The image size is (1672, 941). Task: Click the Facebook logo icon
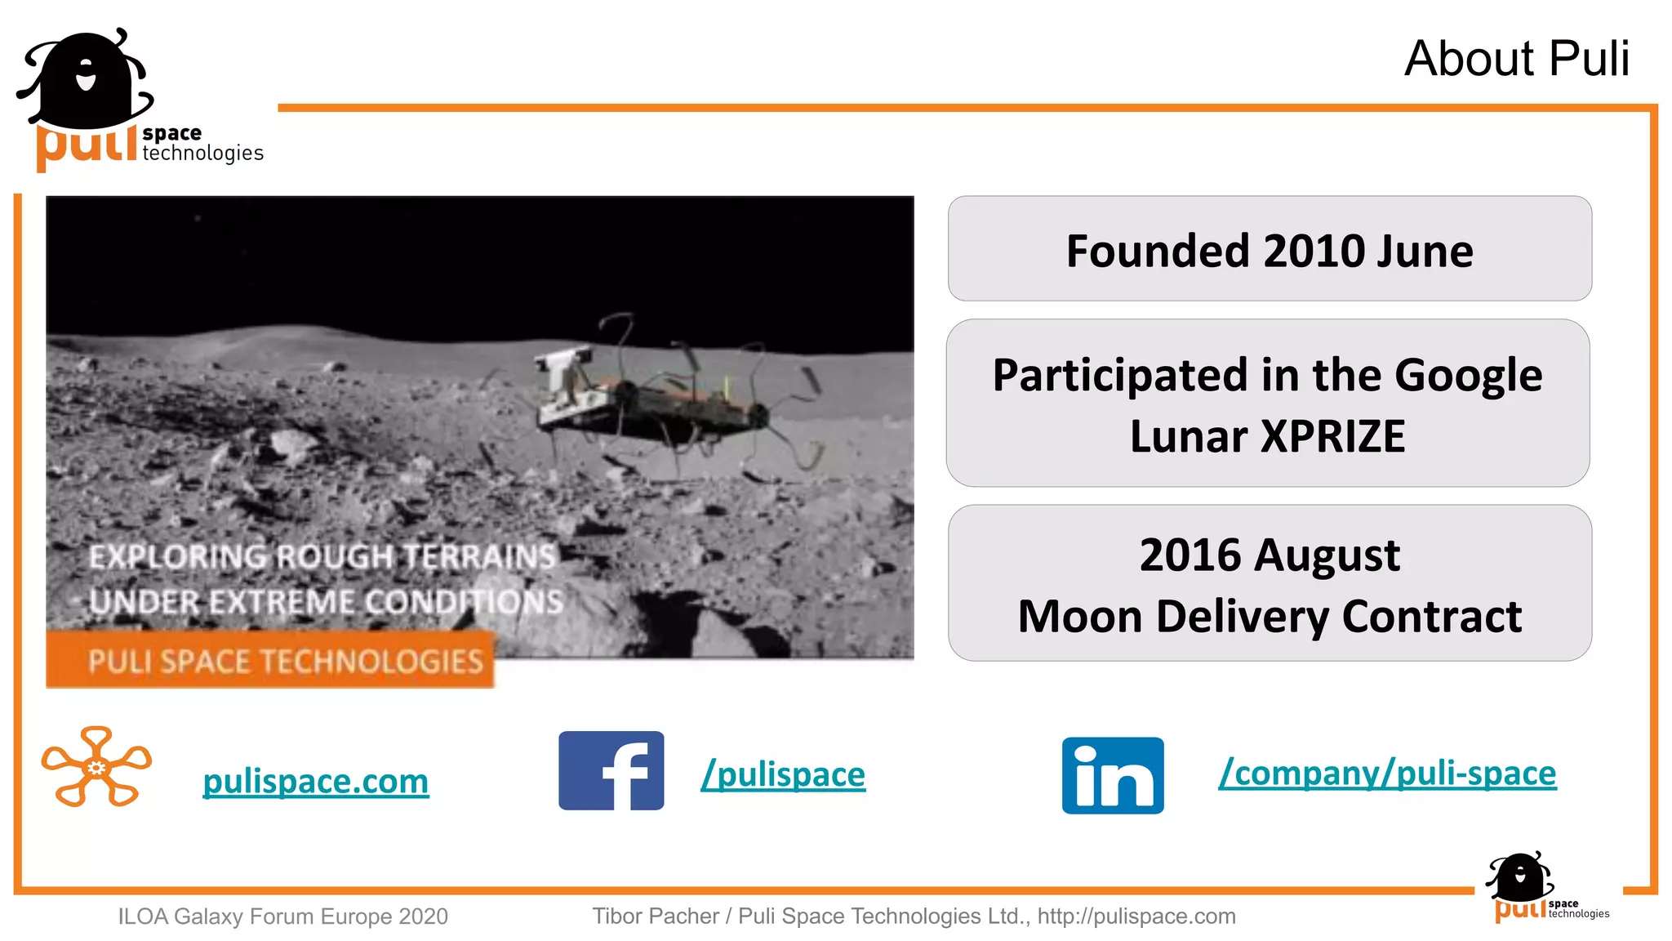coord(611,770)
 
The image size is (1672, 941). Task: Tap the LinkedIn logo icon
coord(1113,775)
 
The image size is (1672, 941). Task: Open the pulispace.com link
coord(315,781)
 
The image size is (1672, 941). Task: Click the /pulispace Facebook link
coord(783,774)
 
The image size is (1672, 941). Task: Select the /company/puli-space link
coord(1387,772)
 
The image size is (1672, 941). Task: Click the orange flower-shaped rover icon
coord(96,766)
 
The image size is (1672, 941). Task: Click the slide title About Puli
coord(1516,59)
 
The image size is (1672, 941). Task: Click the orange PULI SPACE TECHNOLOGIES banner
coord(270,660)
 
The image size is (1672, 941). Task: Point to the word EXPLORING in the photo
coord(176,557)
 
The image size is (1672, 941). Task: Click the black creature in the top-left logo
coord(86,80)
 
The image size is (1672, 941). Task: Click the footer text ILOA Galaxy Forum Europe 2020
coord(282,916)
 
